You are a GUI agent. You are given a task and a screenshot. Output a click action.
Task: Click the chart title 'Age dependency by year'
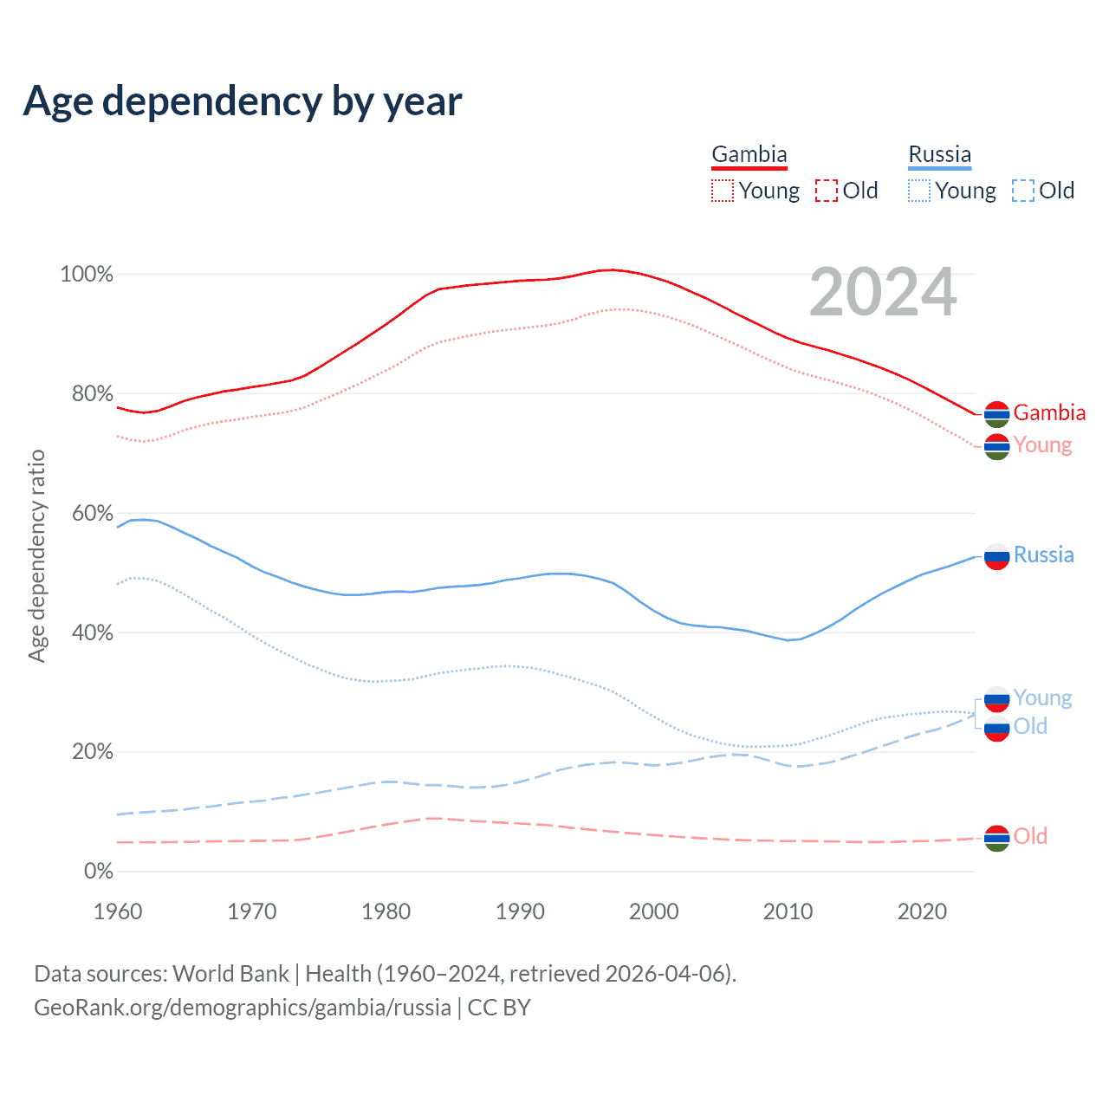(x=243, y=101)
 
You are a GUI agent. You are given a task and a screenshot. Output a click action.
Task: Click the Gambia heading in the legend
(x=749, y=155)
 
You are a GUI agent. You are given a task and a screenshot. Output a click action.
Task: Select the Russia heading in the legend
(x=940, y=155)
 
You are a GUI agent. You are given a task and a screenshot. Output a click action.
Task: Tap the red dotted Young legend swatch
(x=723, y=191)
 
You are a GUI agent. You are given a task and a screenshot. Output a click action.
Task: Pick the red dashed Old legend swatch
(x=827, y=191)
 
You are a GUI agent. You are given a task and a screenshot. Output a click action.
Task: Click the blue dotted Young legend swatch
(x=919, y=191)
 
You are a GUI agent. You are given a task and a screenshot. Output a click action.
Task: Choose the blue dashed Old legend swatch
(x=1023, y=191)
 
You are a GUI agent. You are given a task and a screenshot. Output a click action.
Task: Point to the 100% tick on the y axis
(x=87, y=275)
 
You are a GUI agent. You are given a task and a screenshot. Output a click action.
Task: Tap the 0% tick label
(x=98, y=872)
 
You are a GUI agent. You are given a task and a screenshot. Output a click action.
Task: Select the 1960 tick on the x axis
(x=118, y=911)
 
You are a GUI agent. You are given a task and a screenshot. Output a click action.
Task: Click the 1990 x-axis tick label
(x=520, y=911)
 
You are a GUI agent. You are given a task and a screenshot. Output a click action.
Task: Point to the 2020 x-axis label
(x=922, y=911)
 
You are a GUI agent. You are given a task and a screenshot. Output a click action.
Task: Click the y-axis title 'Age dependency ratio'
(x=36, y=555)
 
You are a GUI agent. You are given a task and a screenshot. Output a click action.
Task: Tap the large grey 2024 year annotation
(x=883, y=293)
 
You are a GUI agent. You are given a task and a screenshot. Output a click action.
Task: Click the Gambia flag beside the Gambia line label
(x=997, y=414)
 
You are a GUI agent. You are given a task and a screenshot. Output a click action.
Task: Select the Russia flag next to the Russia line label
(x=997, y=556)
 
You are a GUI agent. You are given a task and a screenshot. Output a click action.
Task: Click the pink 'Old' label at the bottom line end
(x=1030, y=836)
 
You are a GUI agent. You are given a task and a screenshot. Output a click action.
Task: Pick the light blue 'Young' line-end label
(x=1042, y=697)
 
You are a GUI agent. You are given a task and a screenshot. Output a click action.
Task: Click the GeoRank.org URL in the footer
(x=243, y=1008)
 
